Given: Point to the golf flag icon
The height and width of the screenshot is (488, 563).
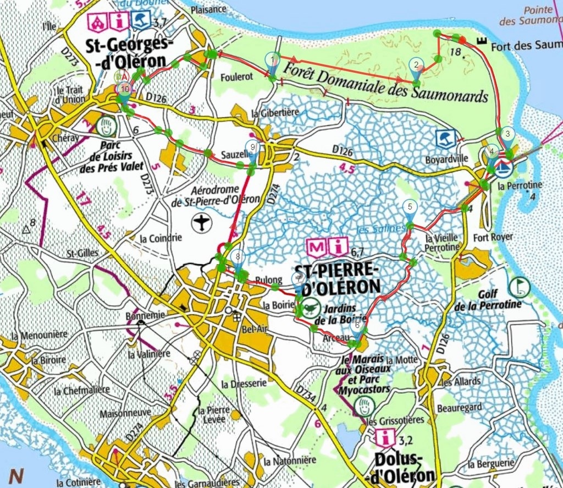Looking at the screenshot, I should pos(520,285).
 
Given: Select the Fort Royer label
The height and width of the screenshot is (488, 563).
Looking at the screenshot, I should pos(493,237).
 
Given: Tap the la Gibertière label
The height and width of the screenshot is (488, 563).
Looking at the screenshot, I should pos(274,112).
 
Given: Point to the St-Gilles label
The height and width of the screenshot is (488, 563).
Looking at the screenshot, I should pos(82,253).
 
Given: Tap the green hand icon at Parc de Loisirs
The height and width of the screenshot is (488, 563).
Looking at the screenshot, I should pos(107,126).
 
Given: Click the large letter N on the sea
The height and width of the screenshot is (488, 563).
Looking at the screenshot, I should pos(18,474).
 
